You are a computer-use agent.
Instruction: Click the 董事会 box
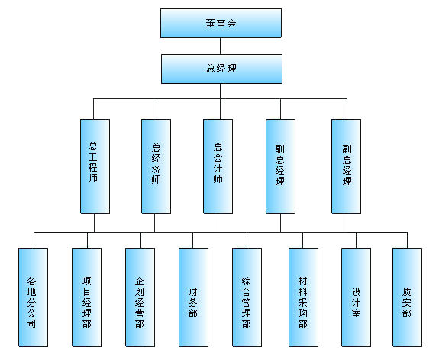pyautogui.click(x=221, y=23)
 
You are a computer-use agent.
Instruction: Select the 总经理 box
pyautogui.click(x=221, y=69)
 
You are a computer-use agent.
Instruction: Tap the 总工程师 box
pyautogui.click(x=95, y=166)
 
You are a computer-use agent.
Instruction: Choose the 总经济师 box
pyautogui.click(x=156, y=166)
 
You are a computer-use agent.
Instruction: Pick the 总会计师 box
pyautogui.click(x=218, y=166)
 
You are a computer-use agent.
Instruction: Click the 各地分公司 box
pyautogui.click(x=33, y=297)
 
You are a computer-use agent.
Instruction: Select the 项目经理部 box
pyautogui.click(x=86, y=297)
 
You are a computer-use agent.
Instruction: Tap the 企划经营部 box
pyautogui.click(x=140, y=297)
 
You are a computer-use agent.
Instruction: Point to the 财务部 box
pyautogui.click(x=193, y=297)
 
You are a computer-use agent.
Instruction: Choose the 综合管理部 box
pyautogui.click(x=247, y=297)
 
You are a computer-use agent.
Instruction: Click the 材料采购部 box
pyautogui.click(x=304, y=297)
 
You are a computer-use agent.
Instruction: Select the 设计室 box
pyautogui.click(x=356, y=297)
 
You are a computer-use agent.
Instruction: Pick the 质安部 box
pyautogui.click(x=408, y=297)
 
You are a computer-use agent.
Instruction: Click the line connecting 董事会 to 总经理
pyautogui.click(x=221, y=47)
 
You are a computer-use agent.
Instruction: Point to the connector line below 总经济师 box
pyautogui.click(x=154, y=223)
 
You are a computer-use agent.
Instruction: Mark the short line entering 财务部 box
pyautogui.click(x=192, y=240)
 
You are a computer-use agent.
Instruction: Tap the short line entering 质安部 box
pyautogui.click(x=407, y=240)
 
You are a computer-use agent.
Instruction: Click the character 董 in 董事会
pyautogui.click(x=210, y=23)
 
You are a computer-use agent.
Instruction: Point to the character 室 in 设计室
pyautogui.click(x=356, y=313)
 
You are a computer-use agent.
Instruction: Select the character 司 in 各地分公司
pyautogui.click(x=31, y=323)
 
